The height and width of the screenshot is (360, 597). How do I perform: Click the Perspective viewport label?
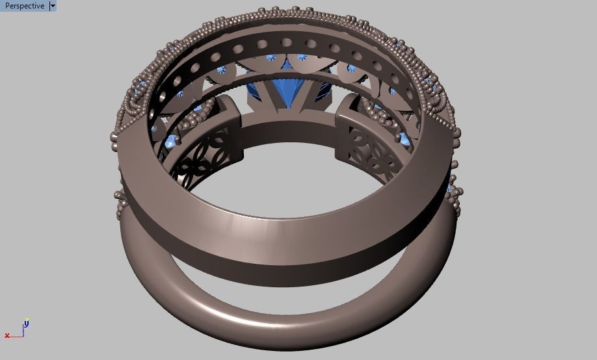pos(25,6)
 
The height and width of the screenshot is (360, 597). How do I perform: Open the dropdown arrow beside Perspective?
pos(53,6)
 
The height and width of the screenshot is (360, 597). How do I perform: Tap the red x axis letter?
pos(7,336)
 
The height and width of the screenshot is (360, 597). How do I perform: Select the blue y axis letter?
pos(27,322)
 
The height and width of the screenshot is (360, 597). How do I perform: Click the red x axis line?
pos(16,336)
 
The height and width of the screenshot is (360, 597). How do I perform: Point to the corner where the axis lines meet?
pos(23,335)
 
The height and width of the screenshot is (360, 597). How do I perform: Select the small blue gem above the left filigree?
pos(172,142)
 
